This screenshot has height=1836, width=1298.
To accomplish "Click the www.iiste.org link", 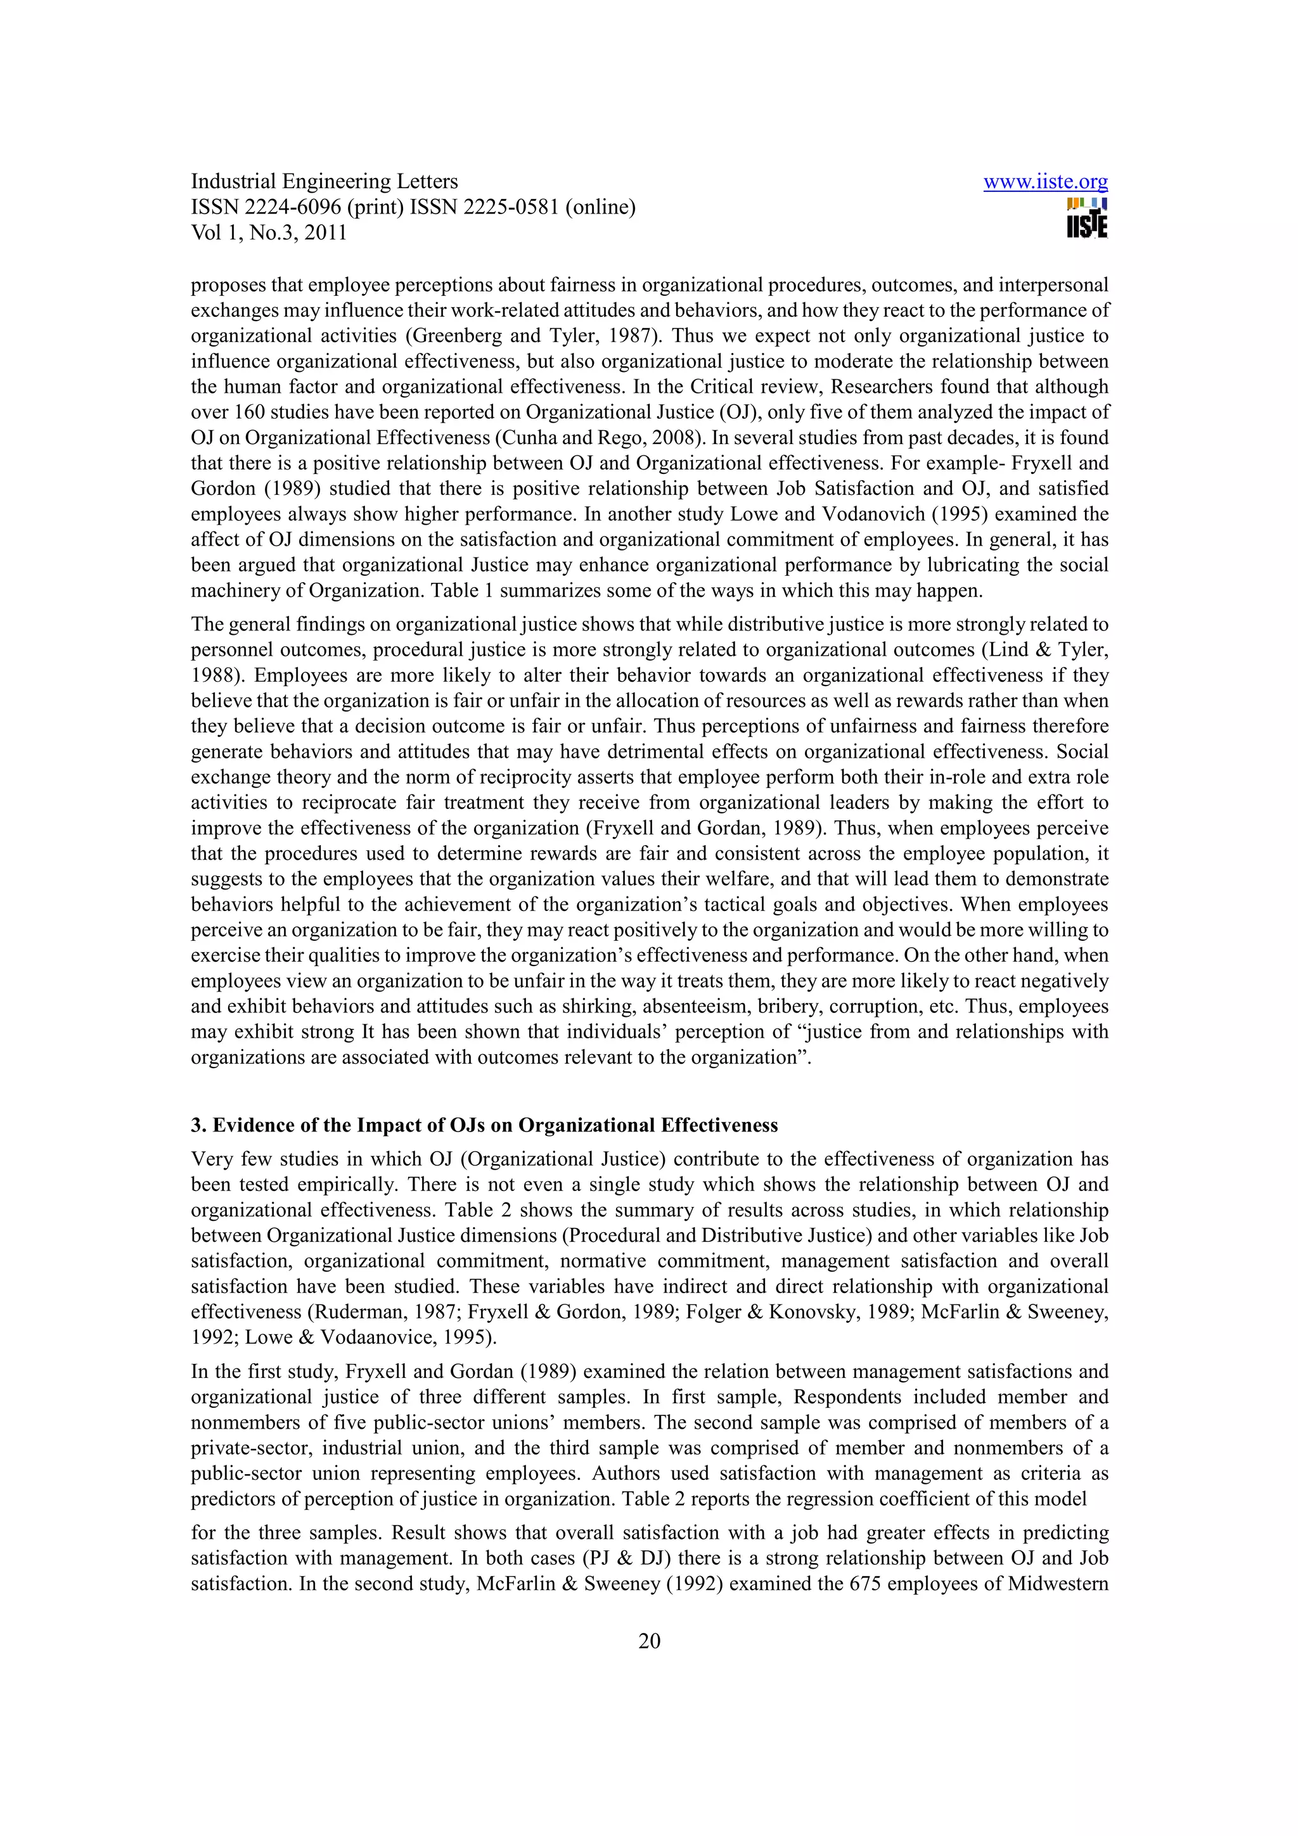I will pos(1045,182).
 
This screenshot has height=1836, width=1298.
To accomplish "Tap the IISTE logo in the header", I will pos(1087,217).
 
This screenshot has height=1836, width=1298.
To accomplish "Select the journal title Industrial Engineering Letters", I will pos(324,182).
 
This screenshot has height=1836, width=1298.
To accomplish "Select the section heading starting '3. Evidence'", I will pos(484,1125).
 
